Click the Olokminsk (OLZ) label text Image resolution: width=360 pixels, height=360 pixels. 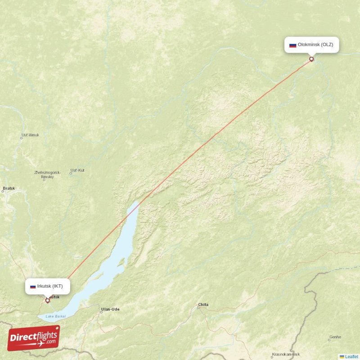[x=316, y=45]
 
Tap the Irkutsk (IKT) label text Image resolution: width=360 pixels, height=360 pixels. [x=50, y=286]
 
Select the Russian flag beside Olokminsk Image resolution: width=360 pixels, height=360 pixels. [x=292, y=45]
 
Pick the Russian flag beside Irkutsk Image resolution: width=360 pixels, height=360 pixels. [x=33, y=286]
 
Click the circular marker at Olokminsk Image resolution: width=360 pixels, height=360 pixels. [x=311, y=59]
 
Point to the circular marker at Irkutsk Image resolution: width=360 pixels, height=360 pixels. [x=47, y=301]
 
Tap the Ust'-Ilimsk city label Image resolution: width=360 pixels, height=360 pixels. [x=30, y=135]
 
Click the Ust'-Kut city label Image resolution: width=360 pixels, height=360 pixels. [x=77, y=171]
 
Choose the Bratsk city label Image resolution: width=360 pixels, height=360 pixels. [x=9, y=188]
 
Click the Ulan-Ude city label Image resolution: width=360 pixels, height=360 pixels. [x=110, y=309]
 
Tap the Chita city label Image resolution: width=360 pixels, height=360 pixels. [x=203, y=305]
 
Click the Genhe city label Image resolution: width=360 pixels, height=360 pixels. [x=335, y=337]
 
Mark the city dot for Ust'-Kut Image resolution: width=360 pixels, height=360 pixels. [x=71, y=174]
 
